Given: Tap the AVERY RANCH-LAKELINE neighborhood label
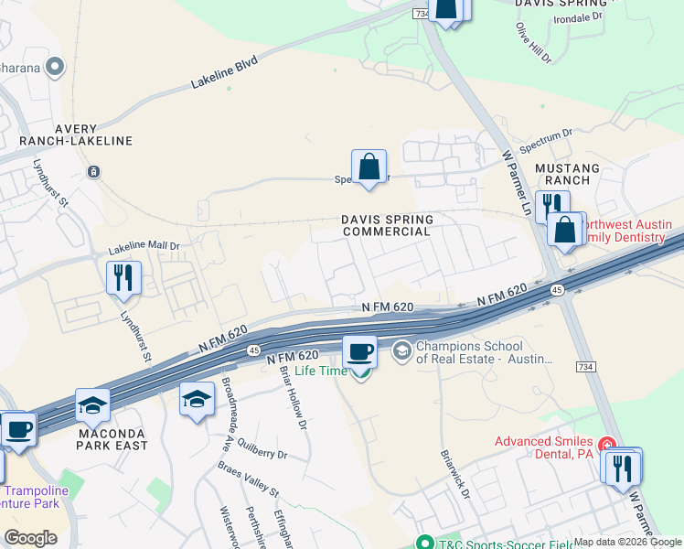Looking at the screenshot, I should pyautogui.click(x=80, y=135).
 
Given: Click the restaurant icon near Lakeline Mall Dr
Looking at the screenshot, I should pyautogui.click(x=123, y=276).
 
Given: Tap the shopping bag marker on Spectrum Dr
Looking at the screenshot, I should pyautogui.click(x=369, y=167).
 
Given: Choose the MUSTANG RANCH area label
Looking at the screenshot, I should pyautogui.click(x=567, y=176).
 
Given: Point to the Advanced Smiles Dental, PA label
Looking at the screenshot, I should pyautogui.click(x=543, y=447).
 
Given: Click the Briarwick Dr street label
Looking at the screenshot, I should pyautogui.click(x=454, y=474).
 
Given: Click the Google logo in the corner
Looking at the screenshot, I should pyautogui.click(x=30, y=538).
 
